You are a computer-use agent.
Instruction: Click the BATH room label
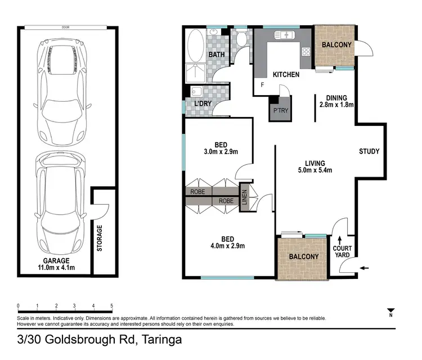217,55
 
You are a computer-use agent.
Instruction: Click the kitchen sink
284,35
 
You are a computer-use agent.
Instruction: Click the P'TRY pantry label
280,111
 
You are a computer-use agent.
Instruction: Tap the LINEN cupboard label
245,198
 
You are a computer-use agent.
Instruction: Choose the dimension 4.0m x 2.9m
227,246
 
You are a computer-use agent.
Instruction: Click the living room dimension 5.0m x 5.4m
315,170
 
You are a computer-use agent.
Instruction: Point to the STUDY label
370,151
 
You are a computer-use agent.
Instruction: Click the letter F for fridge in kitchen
262,85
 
